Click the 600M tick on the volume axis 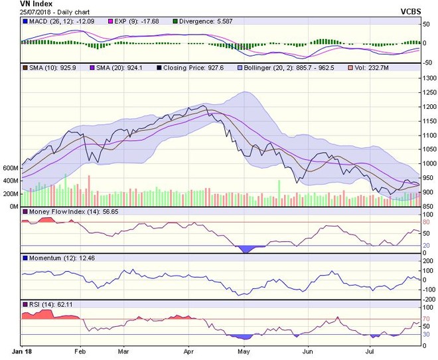(x=11, y=168)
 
